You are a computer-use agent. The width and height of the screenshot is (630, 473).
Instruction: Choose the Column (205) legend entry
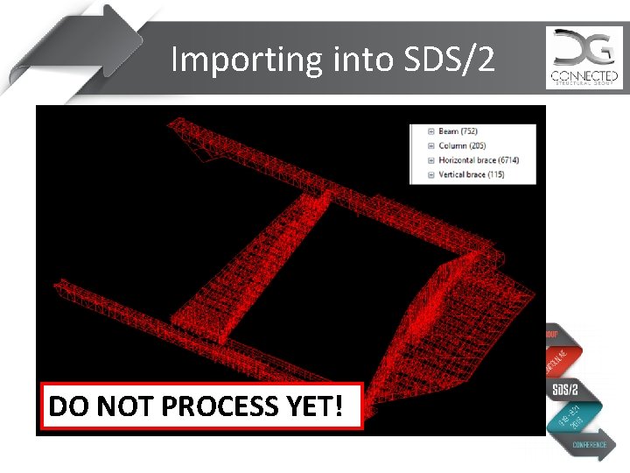[x=465, y=145]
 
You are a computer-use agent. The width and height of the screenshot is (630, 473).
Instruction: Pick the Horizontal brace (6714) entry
[x=479, y=160]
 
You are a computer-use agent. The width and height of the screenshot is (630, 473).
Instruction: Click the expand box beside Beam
[x=430, y=131]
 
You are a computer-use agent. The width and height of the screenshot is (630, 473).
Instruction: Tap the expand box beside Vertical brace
[x=430, y=175]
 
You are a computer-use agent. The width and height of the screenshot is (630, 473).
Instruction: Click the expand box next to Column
[x=430, y=145]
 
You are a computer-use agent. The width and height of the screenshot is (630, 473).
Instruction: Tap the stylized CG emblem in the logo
[x=584, y=48]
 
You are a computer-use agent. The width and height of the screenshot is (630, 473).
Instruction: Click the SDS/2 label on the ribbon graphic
[x=565, y=388]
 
